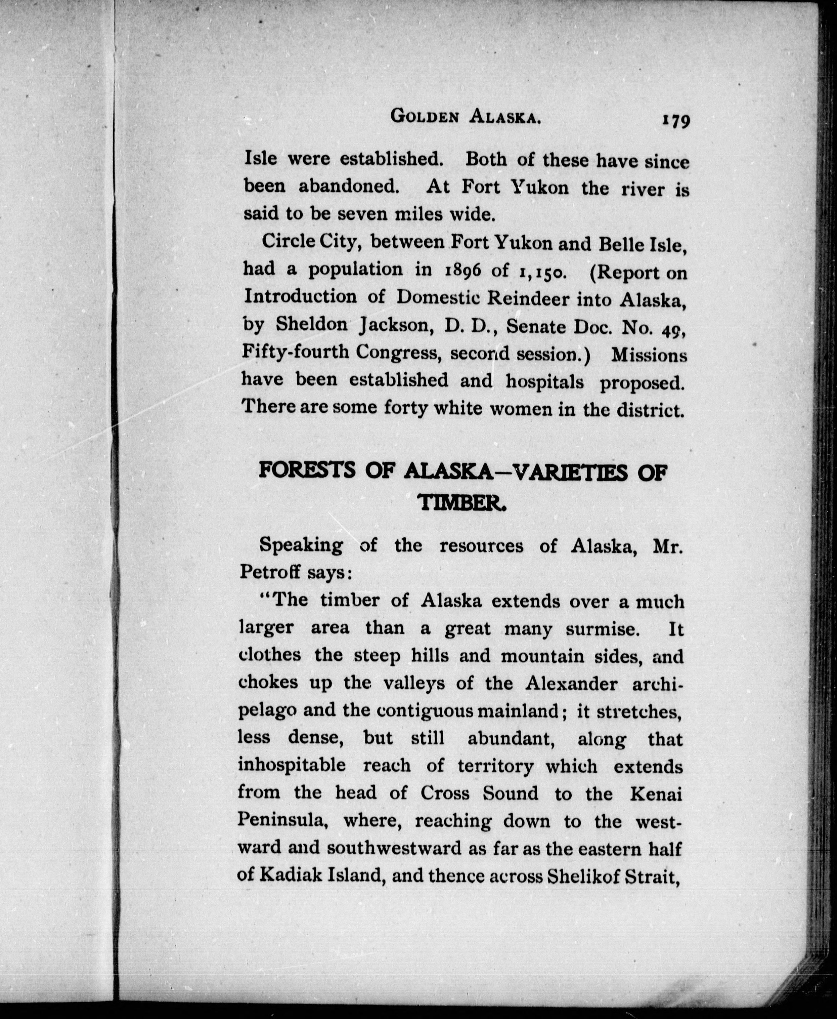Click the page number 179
coord(676,119)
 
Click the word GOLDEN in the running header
coord(423,116)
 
